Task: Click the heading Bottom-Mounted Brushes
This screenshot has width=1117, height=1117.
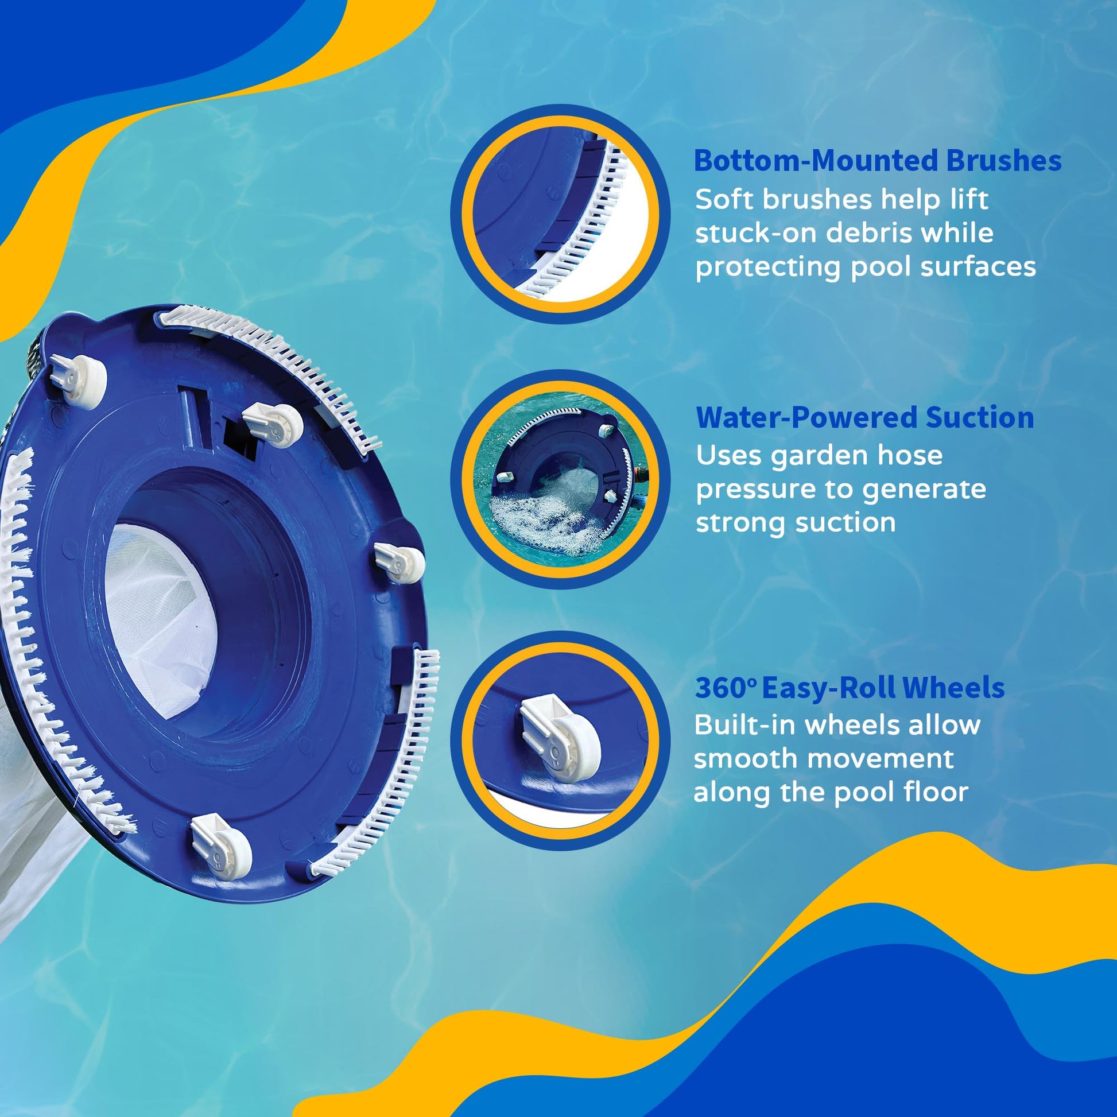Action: coord(877,161)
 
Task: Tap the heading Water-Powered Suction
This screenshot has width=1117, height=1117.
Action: coord(865,417)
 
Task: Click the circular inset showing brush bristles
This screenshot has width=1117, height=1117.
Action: coord(560,214)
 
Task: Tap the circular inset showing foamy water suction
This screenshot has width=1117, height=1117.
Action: coord(560,479)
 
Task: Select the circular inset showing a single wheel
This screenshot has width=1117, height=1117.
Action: coord(560,740)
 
